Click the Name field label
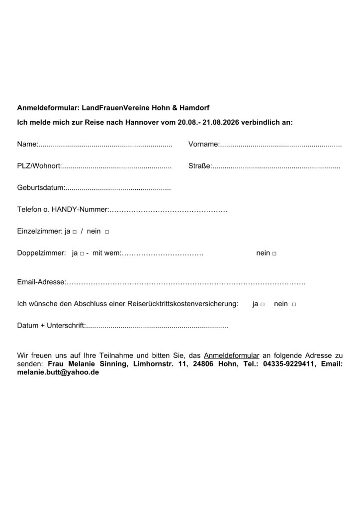[x=27, y=144]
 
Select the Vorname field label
[x=203, y=144]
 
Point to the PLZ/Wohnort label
[x=39, y=166]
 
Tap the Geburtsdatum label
[x=41, y=188]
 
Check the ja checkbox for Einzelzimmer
[x=74, y=232]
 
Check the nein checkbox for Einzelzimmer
[x=107, y=232]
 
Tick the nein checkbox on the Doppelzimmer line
[x=274, y=254]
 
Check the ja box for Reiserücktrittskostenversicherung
[x=262, y=304]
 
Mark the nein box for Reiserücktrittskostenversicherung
[x=294, y=304]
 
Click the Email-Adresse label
[x=41, y=282]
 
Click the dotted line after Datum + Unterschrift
[x=157, y=326]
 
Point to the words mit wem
[x=106, y=253]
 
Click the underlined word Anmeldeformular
[x=232, y=356]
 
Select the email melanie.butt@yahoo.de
[x=58, y=372]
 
